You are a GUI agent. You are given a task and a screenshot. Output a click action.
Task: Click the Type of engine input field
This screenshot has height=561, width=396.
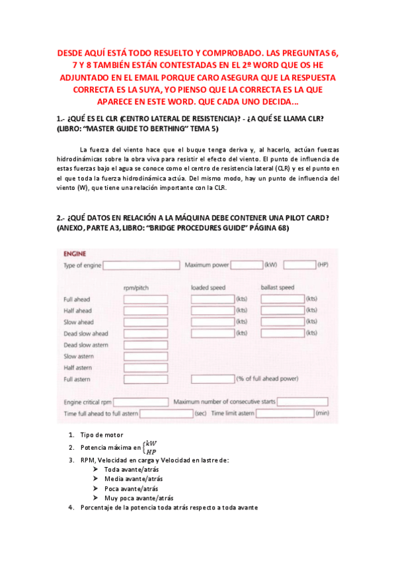(x=141, y=265)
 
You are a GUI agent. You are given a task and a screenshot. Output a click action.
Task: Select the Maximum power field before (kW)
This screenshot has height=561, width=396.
(x=247, y=265)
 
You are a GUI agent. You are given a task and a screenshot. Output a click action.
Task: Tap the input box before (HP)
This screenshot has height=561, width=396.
(x=299, y=265)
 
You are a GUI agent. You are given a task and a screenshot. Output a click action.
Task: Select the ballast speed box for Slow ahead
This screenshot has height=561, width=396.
(x=282, y=322)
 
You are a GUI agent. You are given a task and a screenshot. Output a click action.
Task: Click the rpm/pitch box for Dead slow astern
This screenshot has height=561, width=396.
(x=145, y=345)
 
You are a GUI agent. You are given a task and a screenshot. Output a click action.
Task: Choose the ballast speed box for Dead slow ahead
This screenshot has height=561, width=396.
(x=282, y=333)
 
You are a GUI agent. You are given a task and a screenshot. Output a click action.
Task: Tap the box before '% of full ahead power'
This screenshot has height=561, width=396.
(x=212, y=379)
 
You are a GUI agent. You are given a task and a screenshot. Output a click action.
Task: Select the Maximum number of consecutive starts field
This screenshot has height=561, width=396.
(x=302, y=402)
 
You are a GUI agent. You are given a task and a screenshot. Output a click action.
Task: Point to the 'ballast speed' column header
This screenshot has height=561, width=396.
(x=278, y=288)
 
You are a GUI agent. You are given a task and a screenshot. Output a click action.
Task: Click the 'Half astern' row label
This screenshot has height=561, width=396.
(x=77, y=368)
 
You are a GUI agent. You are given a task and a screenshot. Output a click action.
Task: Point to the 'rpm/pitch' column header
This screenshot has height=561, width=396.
(x=136, y=288)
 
